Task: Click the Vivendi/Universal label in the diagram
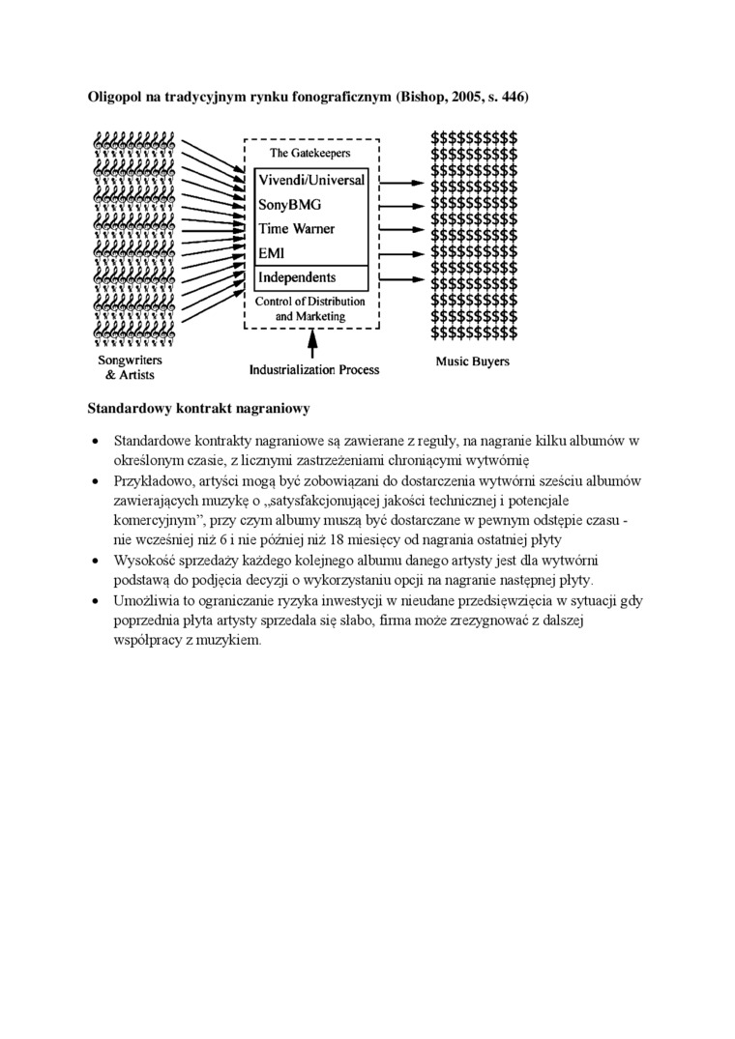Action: pos(310,180)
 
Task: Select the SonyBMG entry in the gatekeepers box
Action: pos(289,205)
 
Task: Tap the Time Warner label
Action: pos(296,229)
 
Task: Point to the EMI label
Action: pos(272,253)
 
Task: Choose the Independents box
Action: pos(309,278)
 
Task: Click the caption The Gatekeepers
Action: pos(309,153)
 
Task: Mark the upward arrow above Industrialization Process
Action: pos(311,344)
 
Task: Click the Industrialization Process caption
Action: pos(314,369)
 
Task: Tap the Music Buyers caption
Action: pos(472,362)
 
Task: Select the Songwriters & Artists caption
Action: pos(130,367)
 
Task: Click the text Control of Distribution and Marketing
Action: pos(309,308)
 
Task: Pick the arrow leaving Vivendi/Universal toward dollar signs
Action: pos(399,181)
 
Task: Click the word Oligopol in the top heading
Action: pos(115,98)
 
